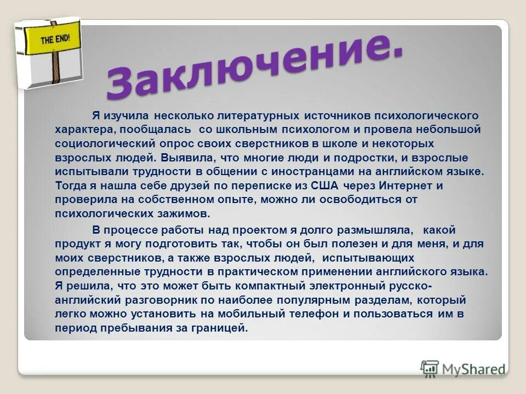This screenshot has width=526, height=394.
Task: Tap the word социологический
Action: click(105, 144)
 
